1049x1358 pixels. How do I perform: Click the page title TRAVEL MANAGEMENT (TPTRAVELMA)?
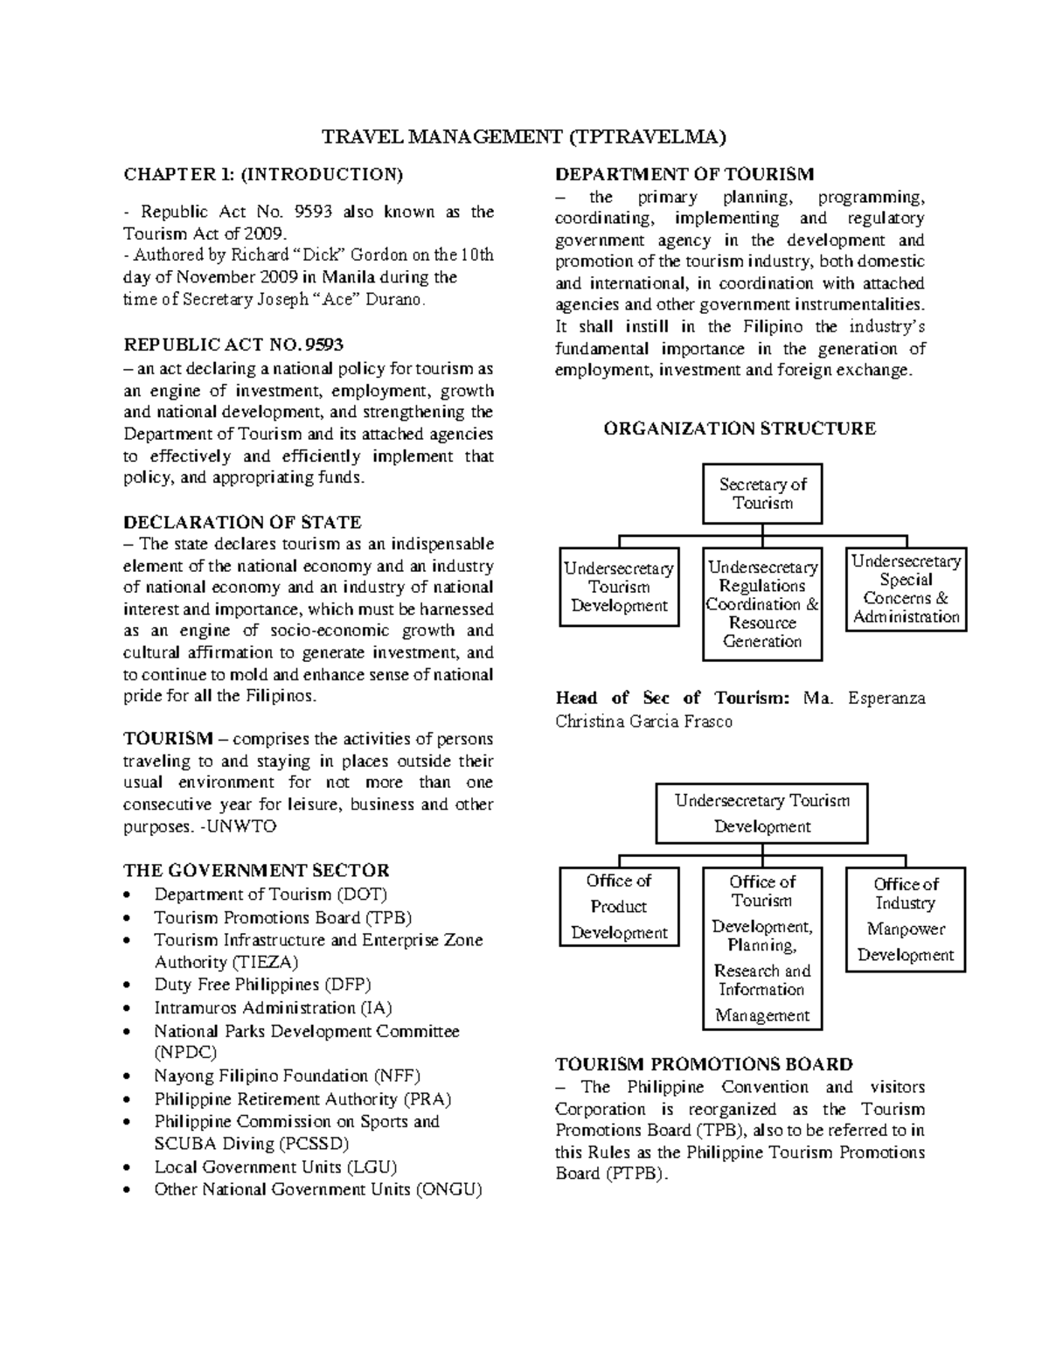tap(524, 136)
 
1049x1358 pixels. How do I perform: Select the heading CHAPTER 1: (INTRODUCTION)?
tap(263, 174)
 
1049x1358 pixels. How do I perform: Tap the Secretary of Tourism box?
tap(762, 494)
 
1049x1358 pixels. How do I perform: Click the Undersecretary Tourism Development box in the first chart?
tap(619, 587)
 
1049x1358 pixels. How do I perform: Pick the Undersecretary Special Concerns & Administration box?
tap(907, 589)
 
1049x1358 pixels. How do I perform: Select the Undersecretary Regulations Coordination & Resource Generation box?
tap(762, 604)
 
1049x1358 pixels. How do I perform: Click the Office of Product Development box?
tap(619, 907)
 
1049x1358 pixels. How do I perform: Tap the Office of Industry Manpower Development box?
tap(906, 919)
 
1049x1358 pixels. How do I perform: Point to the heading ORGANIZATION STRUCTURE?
tap(740, 428)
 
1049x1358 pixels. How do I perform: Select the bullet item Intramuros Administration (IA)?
tap(273, 1007)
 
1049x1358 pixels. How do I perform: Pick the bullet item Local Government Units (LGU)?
tap(275, 1166)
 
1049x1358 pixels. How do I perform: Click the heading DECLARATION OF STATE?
tap(242, 523)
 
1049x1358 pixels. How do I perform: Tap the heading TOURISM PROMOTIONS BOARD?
tap(704, 1064)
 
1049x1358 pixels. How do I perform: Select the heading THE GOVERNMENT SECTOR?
tap(256, 870)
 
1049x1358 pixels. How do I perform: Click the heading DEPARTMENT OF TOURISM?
tap(684, 174)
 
